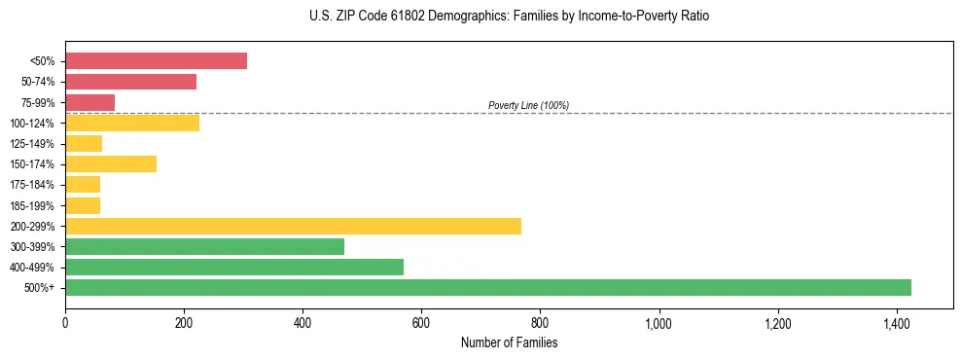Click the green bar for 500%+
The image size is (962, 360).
coord(487,288)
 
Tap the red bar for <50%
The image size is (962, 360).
coord(156,61)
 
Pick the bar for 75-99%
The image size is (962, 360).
coord(89,102)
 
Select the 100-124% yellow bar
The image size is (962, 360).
coord(132,124)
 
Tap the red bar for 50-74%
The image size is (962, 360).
coord(130,82)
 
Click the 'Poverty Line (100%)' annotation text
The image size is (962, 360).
coord(528,105)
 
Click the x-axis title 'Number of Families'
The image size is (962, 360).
coord(509,342)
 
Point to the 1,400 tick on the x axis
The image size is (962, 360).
coord(897,323)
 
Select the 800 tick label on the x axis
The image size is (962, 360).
coord(541,323)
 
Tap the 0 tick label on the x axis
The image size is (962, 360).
coord(65,323)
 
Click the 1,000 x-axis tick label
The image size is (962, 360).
coord(659,323)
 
